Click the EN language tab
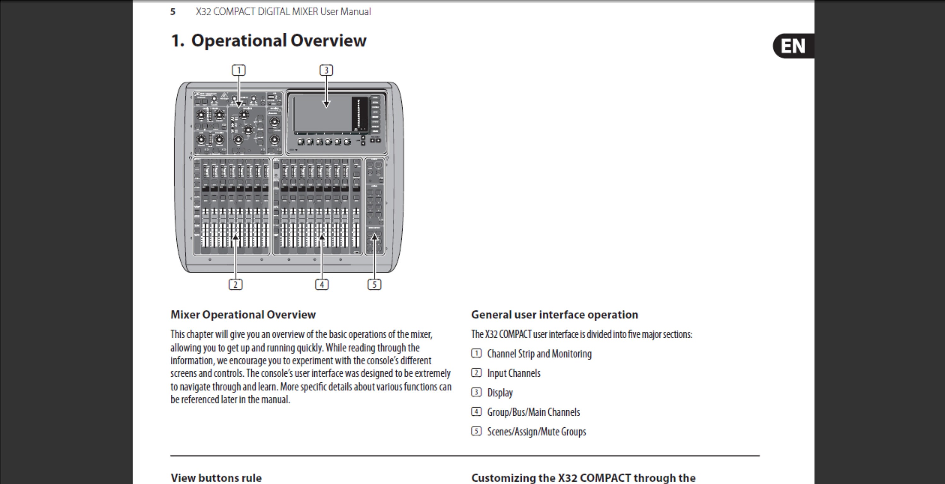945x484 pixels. [793, 46]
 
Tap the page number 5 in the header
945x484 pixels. [173, 12]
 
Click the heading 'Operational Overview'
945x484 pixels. [278, 40]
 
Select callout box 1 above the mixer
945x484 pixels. [239, 70]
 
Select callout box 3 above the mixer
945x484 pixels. [326, 70]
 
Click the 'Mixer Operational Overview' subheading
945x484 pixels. [243, 314]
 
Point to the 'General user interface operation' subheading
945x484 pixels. [554, 314]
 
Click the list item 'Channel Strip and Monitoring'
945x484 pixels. [539, 354]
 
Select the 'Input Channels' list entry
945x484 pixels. [513, 373]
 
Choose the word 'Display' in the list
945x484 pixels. [500, 392]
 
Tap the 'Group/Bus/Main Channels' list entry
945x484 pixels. [533, 412]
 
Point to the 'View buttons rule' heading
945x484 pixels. [216, 477]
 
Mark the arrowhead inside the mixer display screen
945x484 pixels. [326, 104]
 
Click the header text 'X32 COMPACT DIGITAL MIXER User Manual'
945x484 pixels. [283, 12]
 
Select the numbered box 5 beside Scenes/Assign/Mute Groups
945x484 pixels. [476, 431]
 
